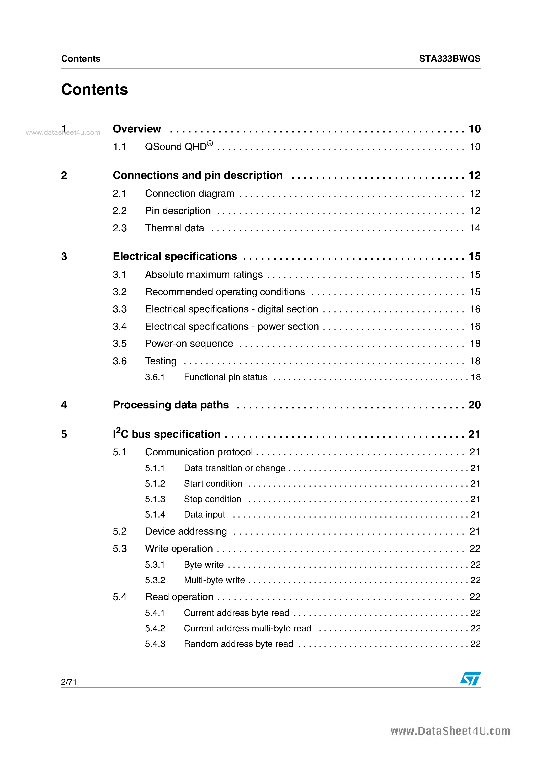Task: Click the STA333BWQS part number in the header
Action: point(449,58)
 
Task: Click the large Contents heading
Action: point(94,89)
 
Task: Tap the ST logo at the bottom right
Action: point(470,679)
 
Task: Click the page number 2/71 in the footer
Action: point(69,682)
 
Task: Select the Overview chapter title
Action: point(137,129)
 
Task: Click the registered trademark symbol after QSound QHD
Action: point(210,143)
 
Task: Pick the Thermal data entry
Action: point(174,228)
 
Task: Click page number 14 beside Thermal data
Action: point(475,228)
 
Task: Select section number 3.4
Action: point(120,326)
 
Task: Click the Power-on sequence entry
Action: point(189,344)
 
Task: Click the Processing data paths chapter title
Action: point(171,405)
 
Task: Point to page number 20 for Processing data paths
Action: point(474,405)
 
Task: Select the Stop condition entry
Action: point(212,499)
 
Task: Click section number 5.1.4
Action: point(155,514)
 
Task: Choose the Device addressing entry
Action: point(186,531)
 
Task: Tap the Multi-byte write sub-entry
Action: point(214,580)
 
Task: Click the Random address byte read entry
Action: point(238,644)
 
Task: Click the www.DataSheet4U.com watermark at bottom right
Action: point(450,732)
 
